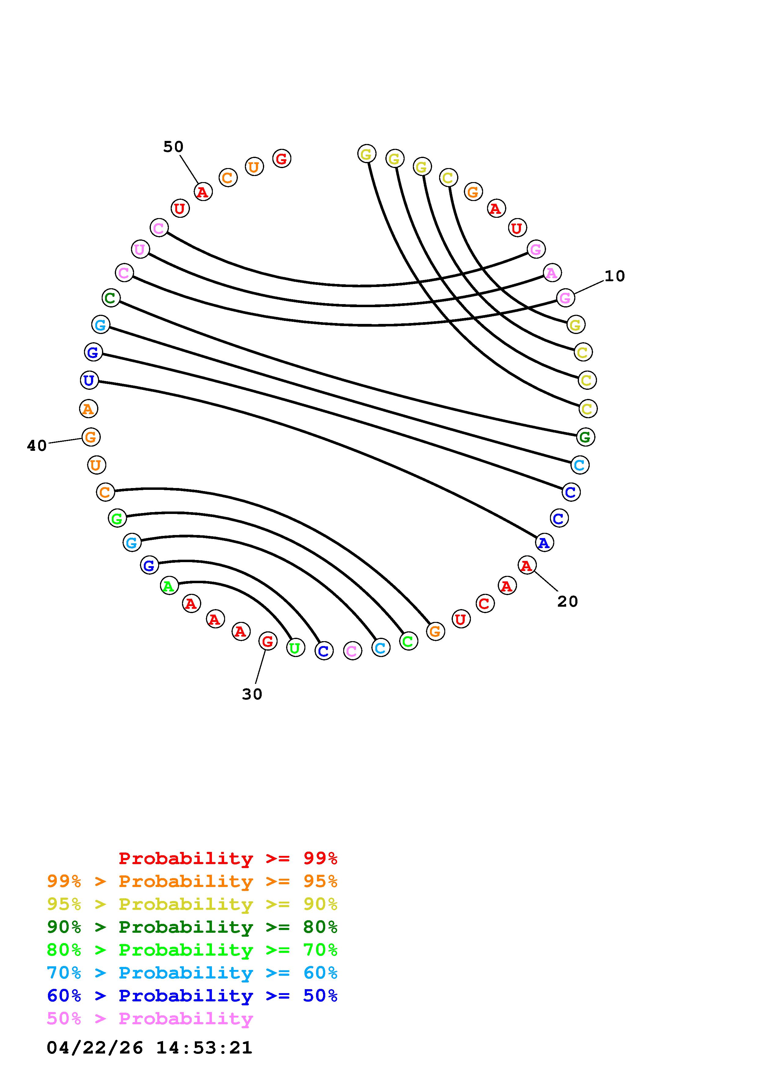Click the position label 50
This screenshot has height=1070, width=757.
pos(173,147)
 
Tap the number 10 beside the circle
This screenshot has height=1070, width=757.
pos(614,276)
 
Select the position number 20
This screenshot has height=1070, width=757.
pos(567,601)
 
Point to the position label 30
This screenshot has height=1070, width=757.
pos(252,695)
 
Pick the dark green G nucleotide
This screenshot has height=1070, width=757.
pos(585,437)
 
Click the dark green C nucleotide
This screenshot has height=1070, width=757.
pos(111,297)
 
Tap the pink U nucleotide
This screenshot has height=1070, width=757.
pos(140,249)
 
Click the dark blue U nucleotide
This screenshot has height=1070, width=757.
pos(89,380)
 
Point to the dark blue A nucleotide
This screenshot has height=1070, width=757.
pos(544,542)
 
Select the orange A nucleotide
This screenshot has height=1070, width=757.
pos(88,409)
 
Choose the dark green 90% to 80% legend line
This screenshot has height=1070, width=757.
pos(192,927)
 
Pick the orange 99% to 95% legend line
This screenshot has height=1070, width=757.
pos(192,881)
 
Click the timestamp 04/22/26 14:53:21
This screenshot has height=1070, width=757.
pos(149,1047)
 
